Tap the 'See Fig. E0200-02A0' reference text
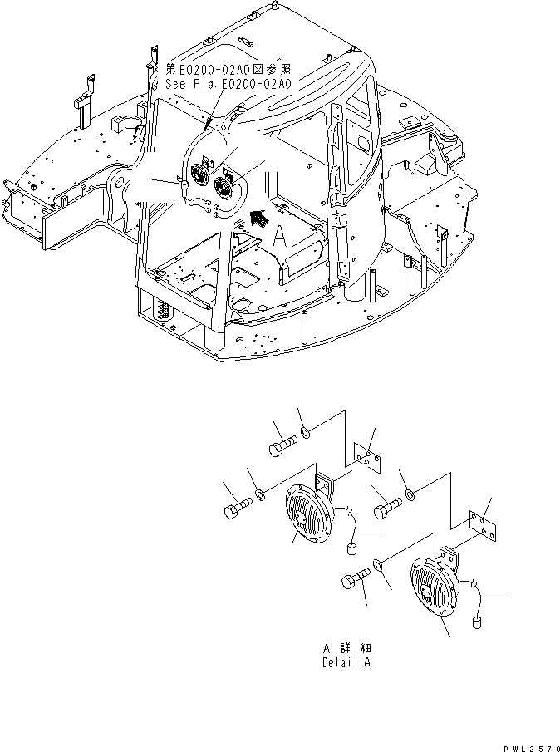pos(226,84)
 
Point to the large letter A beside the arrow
pos(282,238)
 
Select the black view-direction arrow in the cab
pos(259,219)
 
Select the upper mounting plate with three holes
pos(364,457)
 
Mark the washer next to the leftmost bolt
pos(260,496)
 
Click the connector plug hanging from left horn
pos(350,549)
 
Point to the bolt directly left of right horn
pos(355,580)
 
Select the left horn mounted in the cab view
pos(200,175)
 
